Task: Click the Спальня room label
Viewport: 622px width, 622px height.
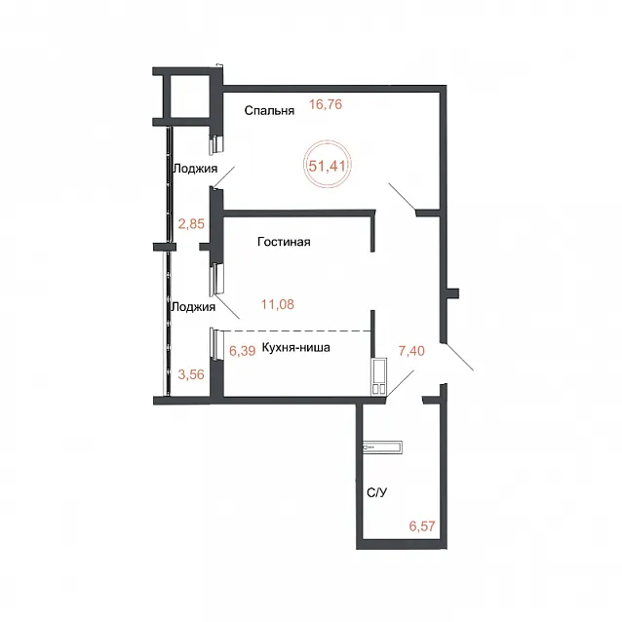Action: (x=269, y=111)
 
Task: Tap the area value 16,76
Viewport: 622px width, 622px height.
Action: (x=326, y=104)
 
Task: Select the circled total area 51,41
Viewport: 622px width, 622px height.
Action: (x=328, y=166)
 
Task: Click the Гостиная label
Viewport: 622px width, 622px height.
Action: (x=284, y=242)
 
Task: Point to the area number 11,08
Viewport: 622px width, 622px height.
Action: (x=278, y=304)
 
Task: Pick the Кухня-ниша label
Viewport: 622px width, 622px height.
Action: (x=296, y=347)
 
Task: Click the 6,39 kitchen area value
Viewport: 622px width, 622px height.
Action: (x=243, y=351)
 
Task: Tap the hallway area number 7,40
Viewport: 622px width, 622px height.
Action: (x=411, y=351)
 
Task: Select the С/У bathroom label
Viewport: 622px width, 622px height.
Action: (x=377, y=492)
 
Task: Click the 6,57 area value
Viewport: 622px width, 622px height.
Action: (x=422, y=526)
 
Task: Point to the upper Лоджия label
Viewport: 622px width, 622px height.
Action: (x=195, y=169)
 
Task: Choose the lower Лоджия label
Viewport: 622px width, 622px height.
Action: (x=193, y=307)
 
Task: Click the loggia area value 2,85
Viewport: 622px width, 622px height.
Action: (x=191, y=224)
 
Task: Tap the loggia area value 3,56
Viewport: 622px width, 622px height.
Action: (x=191, y=374)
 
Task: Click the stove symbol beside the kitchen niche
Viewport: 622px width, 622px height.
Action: (x=379, y=376)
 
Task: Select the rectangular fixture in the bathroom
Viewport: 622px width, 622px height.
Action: (x=382, y=447)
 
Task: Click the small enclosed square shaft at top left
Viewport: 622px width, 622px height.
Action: (x=186, y=97)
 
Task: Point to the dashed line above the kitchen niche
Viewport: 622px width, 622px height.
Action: (x=297, y=330)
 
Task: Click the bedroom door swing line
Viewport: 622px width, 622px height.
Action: (x=402, y=196)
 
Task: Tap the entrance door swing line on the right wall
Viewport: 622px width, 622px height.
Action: (x=459, y=357)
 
